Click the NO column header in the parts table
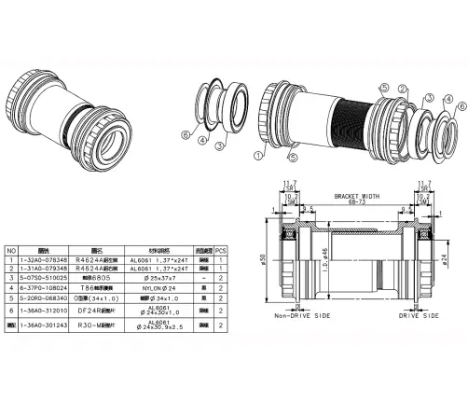tap(10, 251)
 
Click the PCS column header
tap(221, 251)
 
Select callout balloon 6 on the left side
tap(186, 135)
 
